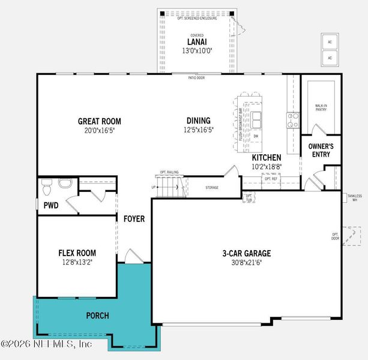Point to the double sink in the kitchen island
coord(257,119)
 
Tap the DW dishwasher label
coord(256,136)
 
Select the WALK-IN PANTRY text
coord(321,108)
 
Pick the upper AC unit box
coord(329,43)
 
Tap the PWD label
coord(50,205)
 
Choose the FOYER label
coord(133,219)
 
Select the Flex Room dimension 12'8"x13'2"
coord(77,262)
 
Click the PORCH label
coord(97,315)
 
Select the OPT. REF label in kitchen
coord(271,179)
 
